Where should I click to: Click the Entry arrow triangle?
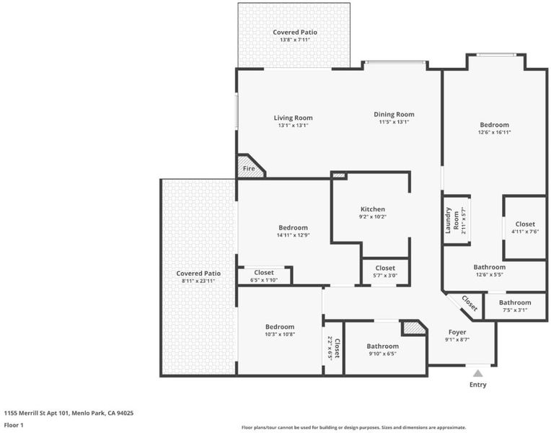coord(477,373)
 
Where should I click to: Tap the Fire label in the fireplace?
coord(249,168)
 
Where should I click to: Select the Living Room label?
coord(293,118)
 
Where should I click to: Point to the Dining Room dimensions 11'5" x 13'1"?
coord(394,122)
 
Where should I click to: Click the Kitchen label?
coord(372,209)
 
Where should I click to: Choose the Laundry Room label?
coord(451,221)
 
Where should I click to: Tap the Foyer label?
coord(457,332)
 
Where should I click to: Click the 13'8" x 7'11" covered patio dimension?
coord(295,40)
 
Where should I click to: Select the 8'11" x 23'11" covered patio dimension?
coord(198,281)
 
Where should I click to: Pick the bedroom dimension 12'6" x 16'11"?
coord(495,132)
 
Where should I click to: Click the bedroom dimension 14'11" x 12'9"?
coord(293,235)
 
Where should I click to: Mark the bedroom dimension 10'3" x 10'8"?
coord(280,334)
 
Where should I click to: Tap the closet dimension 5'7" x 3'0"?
coord(385,276)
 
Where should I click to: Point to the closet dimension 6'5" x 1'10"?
coord(264,280)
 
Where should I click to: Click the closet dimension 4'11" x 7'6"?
coord(525,232)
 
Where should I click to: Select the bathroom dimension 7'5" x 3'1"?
coord(515,310)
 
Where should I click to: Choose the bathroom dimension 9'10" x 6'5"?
coord(382,354)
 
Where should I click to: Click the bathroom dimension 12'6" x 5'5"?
coord(490,274)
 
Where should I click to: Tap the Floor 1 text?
coord(14,425)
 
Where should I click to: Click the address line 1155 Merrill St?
coord(69,413)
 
